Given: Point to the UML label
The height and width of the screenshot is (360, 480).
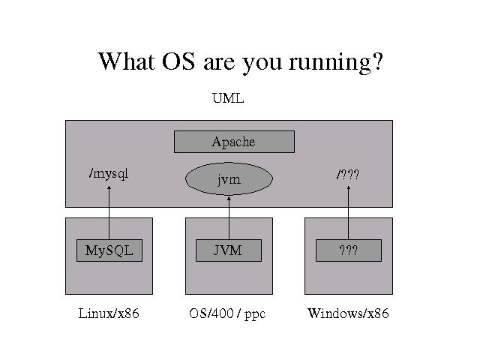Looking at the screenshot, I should (229, 98).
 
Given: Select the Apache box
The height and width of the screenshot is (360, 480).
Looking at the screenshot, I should (234, 142).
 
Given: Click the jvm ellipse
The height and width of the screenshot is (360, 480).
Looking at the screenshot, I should (229, 179).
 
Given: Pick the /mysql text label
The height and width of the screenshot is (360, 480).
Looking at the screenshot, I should (109, 174).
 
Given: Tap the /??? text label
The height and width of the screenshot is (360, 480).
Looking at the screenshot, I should (348, 175).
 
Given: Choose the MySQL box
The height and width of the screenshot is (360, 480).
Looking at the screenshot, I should (109, 250).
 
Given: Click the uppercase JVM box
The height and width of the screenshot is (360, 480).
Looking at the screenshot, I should (228, 250).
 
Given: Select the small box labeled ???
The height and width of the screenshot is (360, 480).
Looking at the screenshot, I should (348, 250).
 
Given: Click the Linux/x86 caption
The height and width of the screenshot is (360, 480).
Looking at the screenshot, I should (109, 313).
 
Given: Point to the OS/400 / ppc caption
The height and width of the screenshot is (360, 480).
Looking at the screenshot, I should (227, 313).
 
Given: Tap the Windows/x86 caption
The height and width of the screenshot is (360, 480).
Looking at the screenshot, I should (348, 313).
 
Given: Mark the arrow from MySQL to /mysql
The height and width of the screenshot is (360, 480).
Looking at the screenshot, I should (109, 214).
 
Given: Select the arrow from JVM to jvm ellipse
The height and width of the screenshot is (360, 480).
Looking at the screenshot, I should (229, 217).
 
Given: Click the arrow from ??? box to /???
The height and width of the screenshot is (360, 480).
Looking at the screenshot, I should (349, 214).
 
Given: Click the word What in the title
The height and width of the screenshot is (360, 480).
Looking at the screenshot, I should (126, 61).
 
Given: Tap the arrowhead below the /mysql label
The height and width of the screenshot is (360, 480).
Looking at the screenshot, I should (109, 189).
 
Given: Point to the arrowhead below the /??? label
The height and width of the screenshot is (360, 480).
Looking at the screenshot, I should (349, 189).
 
